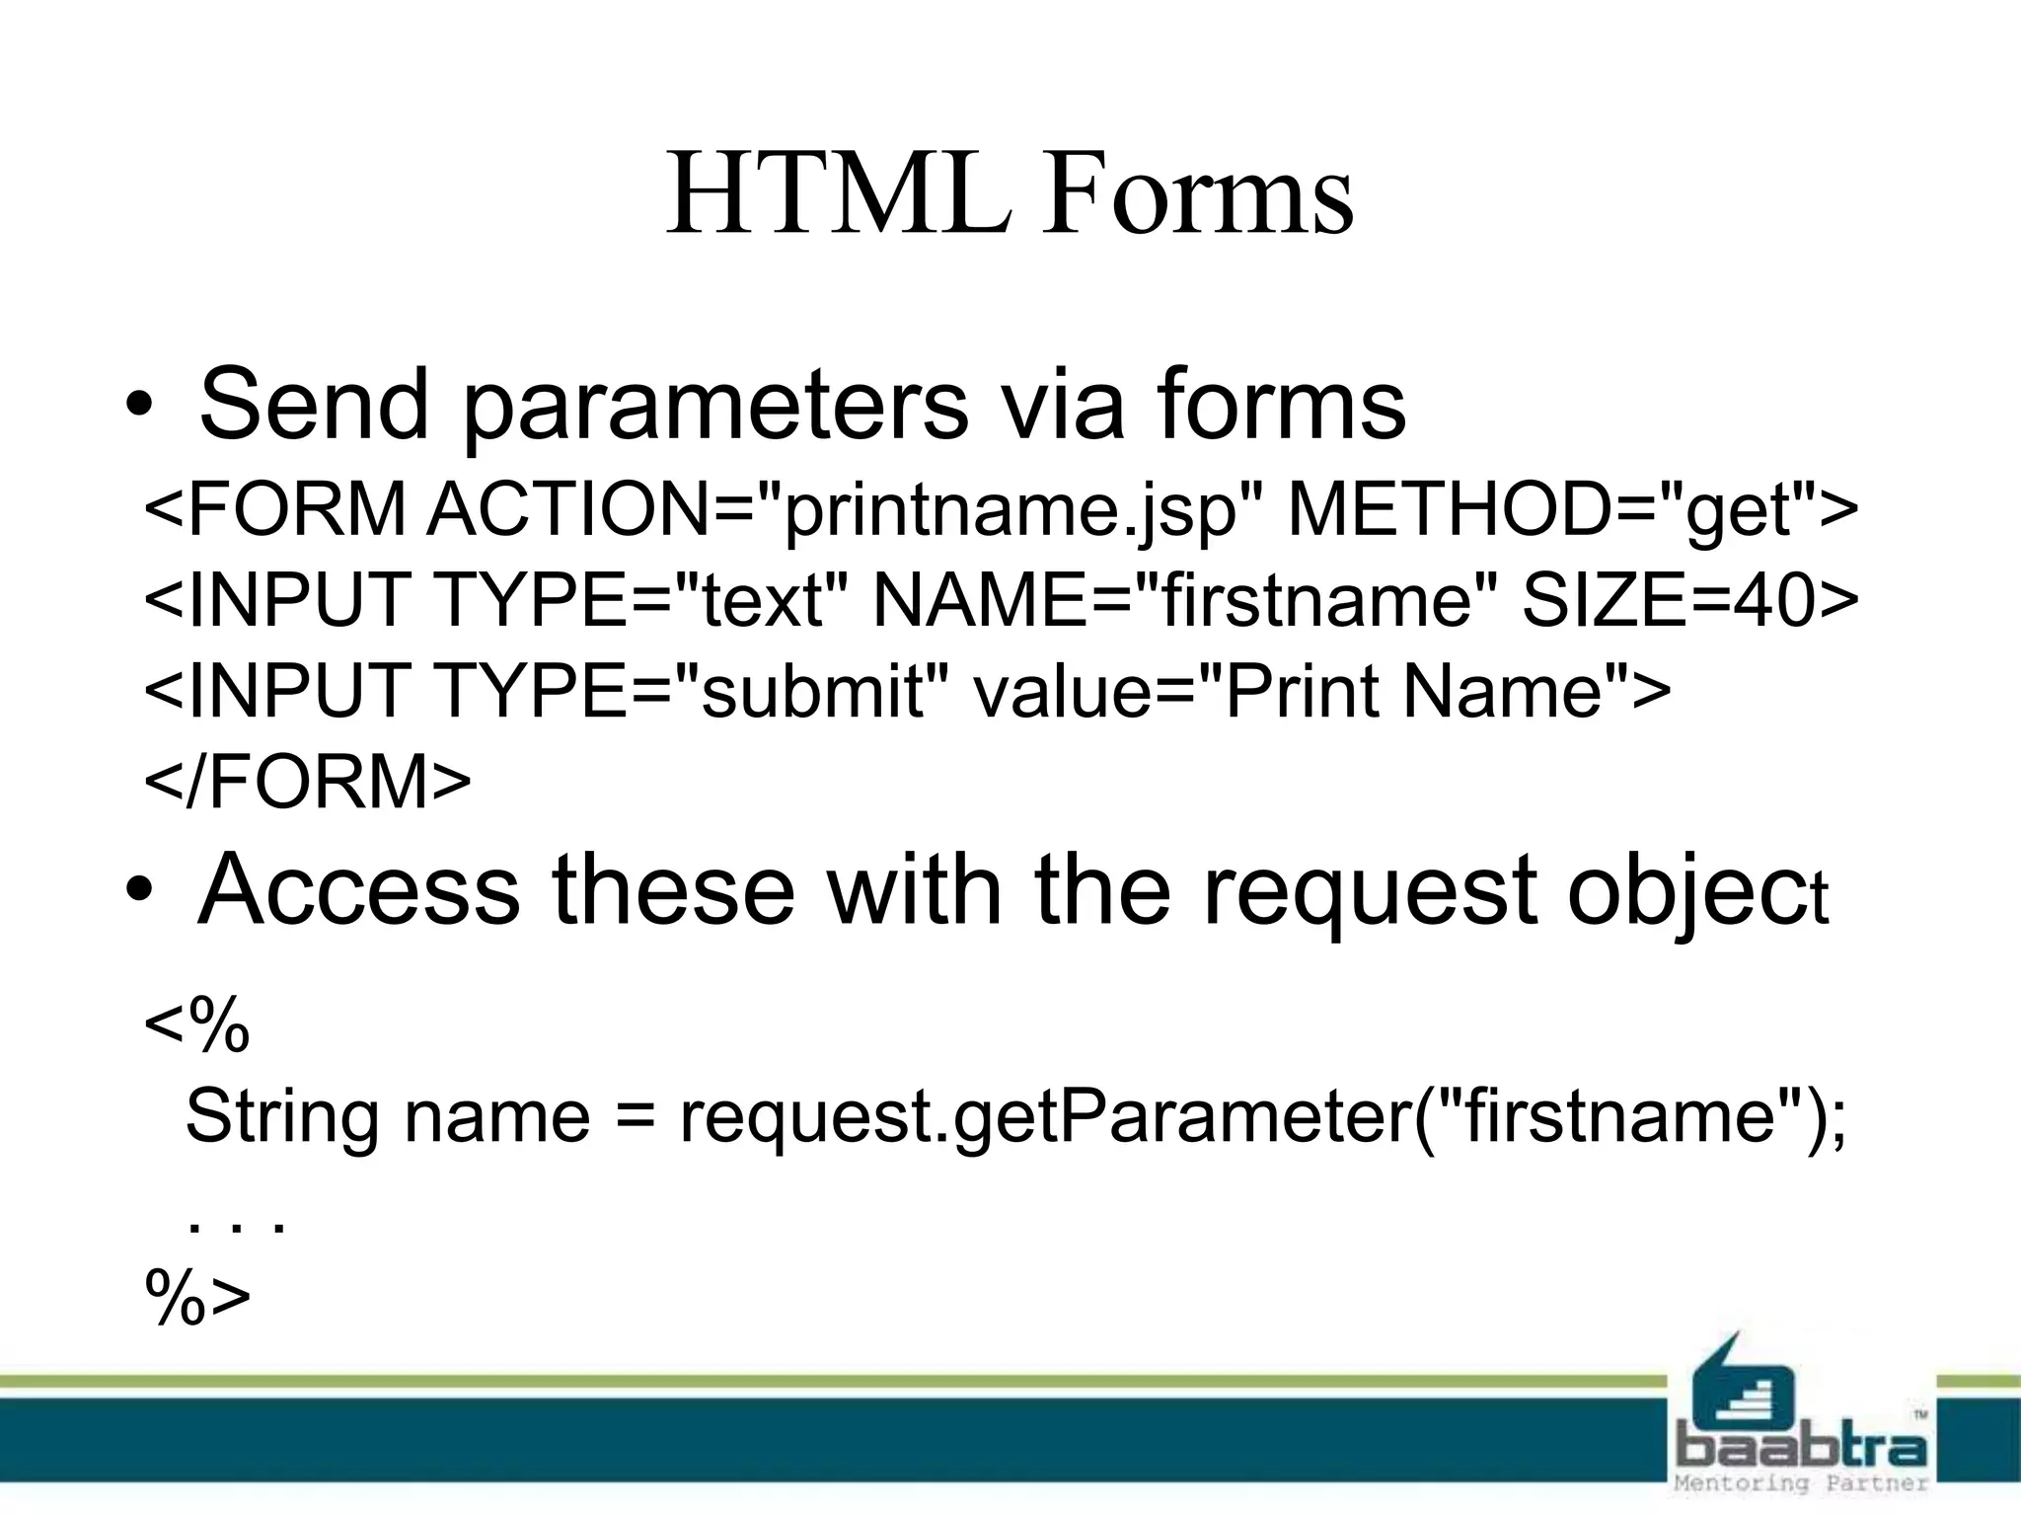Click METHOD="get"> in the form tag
point(1573,511)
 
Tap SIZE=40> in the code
point(1689,600)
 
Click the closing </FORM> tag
point(308,781)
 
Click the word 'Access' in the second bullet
point(359,890)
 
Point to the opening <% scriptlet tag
point(197,1025)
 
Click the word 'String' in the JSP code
point(281,1118)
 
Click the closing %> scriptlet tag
point(197,1298)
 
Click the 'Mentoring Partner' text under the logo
point(1801,1483)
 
